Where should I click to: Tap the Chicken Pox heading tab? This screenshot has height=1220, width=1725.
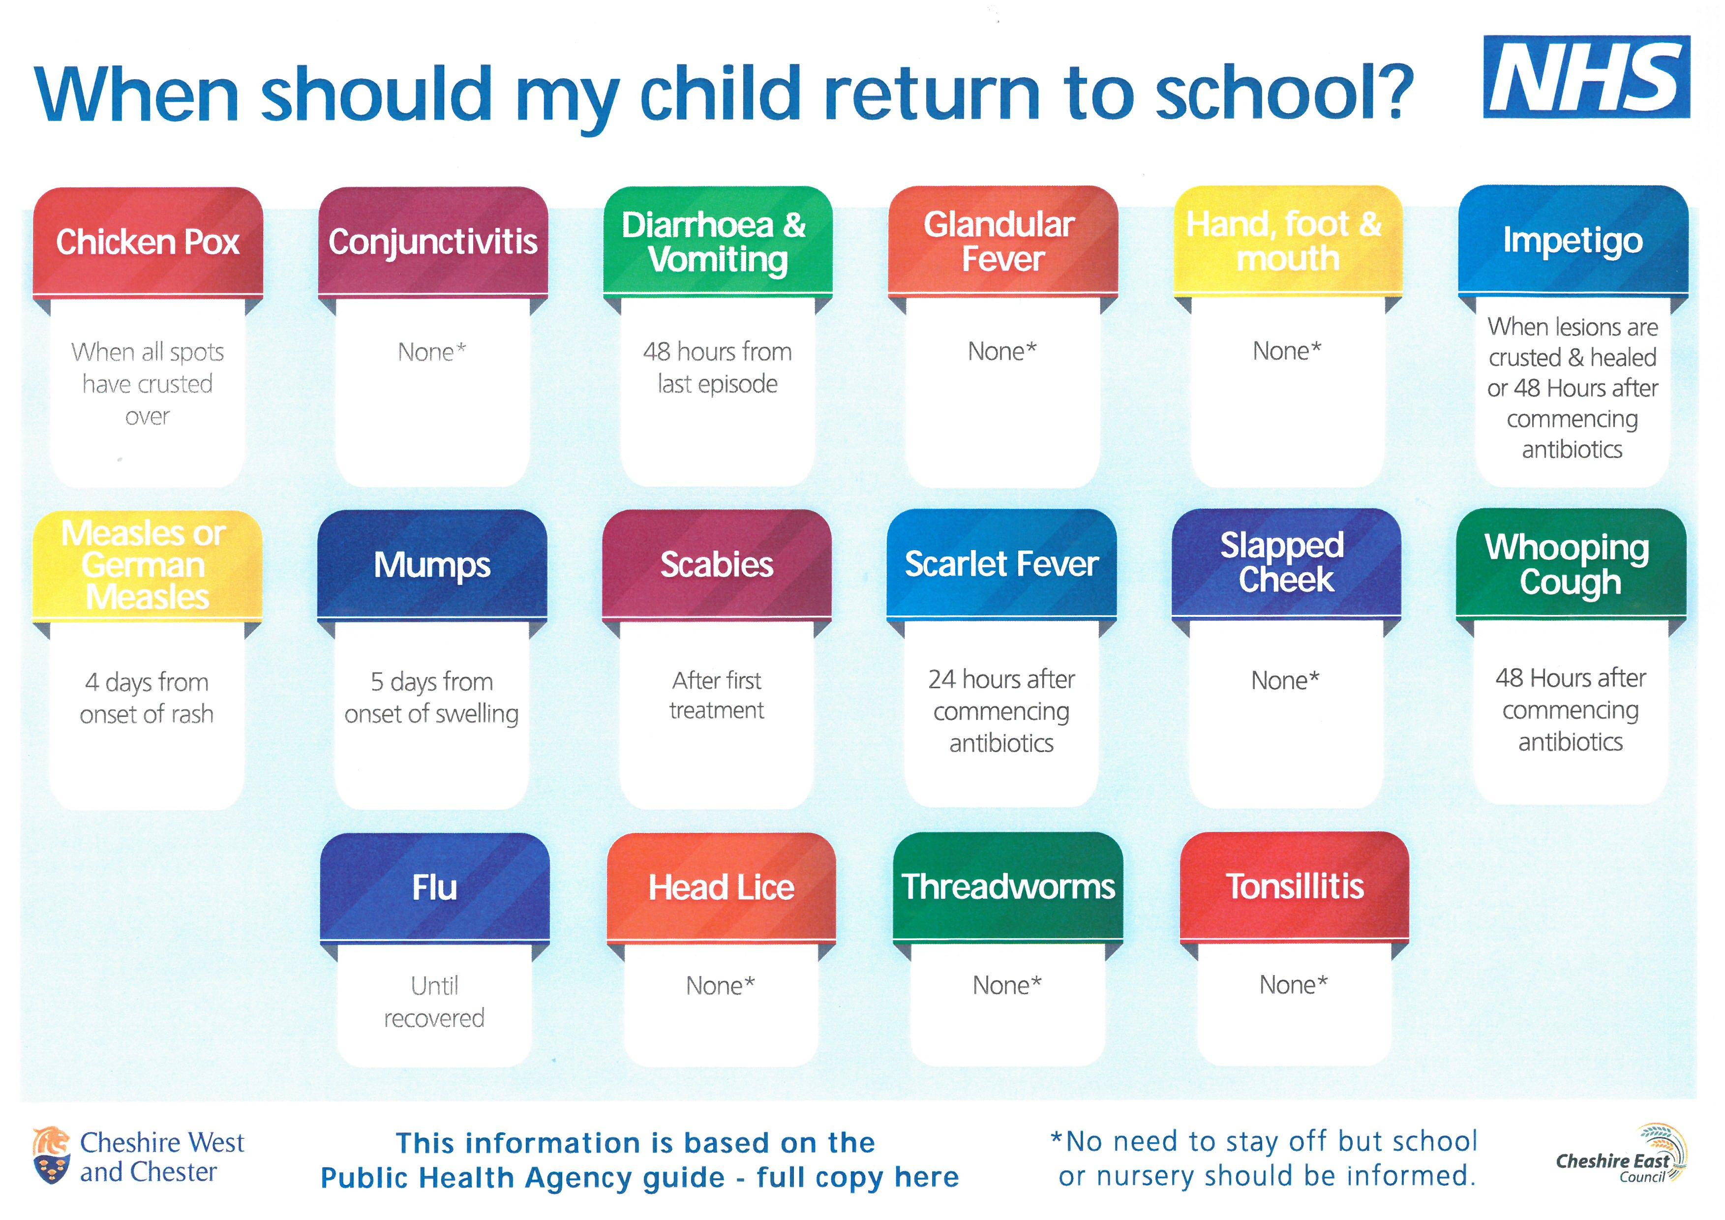[148, 242]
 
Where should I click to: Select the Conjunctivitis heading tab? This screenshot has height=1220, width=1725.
[433, 242]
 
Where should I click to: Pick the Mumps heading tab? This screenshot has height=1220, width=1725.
[432, 565]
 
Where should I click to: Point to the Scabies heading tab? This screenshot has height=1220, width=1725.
[717, 564]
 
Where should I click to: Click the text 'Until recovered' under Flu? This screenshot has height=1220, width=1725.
[434, 1002]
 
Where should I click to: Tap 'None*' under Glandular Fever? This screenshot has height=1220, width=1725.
[1002, 351]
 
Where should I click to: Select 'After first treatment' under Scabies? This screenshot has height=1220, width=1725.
[717, 695]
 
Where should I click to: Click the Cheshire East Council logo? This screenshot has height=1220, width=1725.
[1621, 1154]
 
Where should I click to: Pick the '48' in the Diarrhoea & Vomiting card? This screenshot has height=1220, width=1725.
[657, 352]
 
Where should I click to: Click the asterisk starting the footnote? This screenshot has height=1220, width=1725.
[1057, 1137]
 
